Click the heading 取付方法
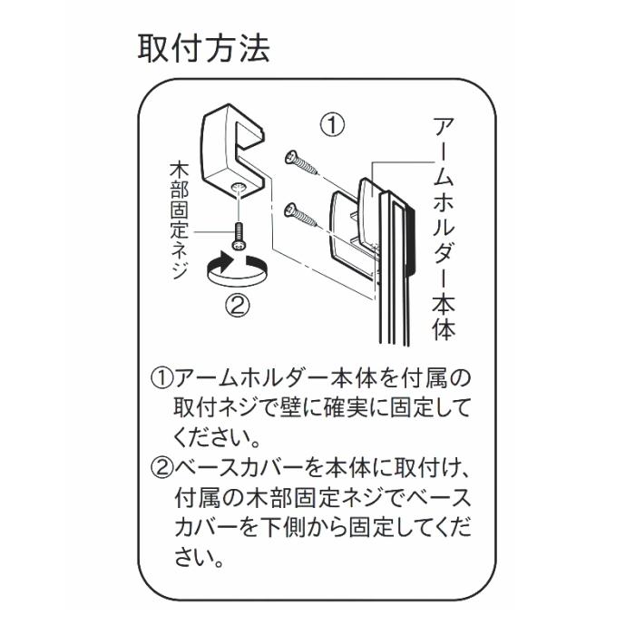[204, 48]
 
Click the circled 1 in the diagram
[332, 125]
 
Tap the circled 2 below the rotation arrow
[238, 306]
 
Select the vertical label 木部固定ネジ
[179, 220]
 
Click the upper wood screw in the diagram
[301, 162]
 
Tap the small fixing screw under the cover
[238, 237]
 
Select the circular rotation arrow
[238, 268]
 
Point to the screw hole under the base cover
[238, 187]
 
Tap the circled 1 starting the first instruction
[162, 378]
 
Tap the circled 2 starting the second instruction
[162, 468]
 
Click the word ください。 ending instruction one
[218, 438]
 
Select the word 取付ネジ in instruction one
[216, 408]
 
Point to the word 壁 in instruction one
[290, 408]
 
